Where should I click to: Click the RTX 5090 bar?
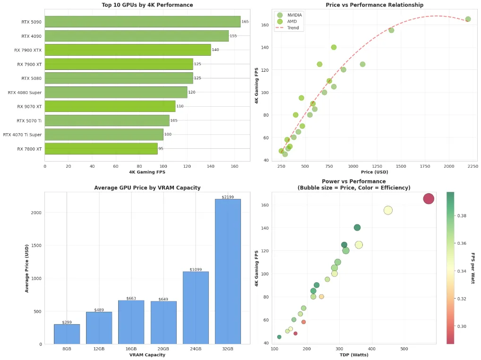click(142, 22)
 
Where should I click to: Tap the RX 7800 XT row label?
click(29, 149)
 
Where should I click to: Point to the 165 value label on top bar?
click(245, 22)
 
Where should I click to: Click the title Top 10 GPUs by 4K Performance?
click(147, 5)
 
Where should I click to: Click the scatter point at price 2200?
click(468, 19)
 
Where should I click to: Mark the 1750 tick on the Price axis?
click(424, 166)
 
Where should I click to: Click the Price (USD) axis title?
click(374, 172)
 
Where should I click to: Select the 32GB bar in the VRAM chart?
click(228, 271)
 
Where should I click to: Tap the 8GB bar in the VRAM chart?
click(67, 334)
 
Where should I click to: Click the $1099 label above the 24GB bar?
click(196, 269)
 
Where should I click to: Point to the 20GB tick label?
click(163, 349)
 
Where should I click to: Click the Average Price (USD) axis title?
click(27, 268)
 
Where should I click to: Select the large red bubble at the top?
click(428, 199)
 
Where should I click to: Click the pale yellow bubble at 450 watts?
click(388, 210)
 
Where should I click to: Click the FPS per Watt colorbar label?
click(473, 268)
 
